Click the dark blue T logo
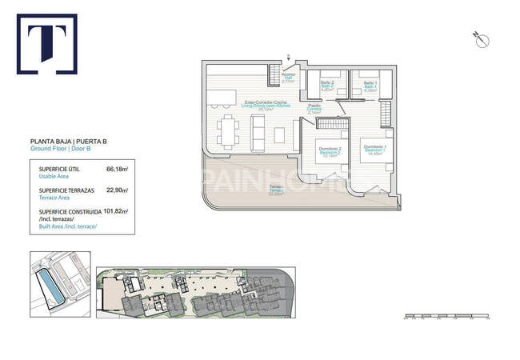pyautogui.click(x=46, y=43)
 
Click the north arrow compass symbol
pyautogui.click(x=482, y=38)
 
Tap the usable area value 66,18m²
pyautogui.click(x=118, y=169)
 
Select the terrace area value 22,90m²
pyautogui.click(x=118, y=190)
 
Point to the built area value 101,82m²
pyautogui.click(x=116, y=212)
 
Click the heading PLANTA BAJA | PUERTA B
pyautogui.click(x=68, y=142)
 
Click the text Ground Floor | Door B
pyautogui.click(x=63, y=149)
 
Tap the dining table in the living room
pyautogui.click(x=229, y=132)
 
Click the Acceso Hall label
pyautogui.click(x=289, y=77)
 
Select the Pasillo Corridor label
pyautogui.click(x=315, y=109)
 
